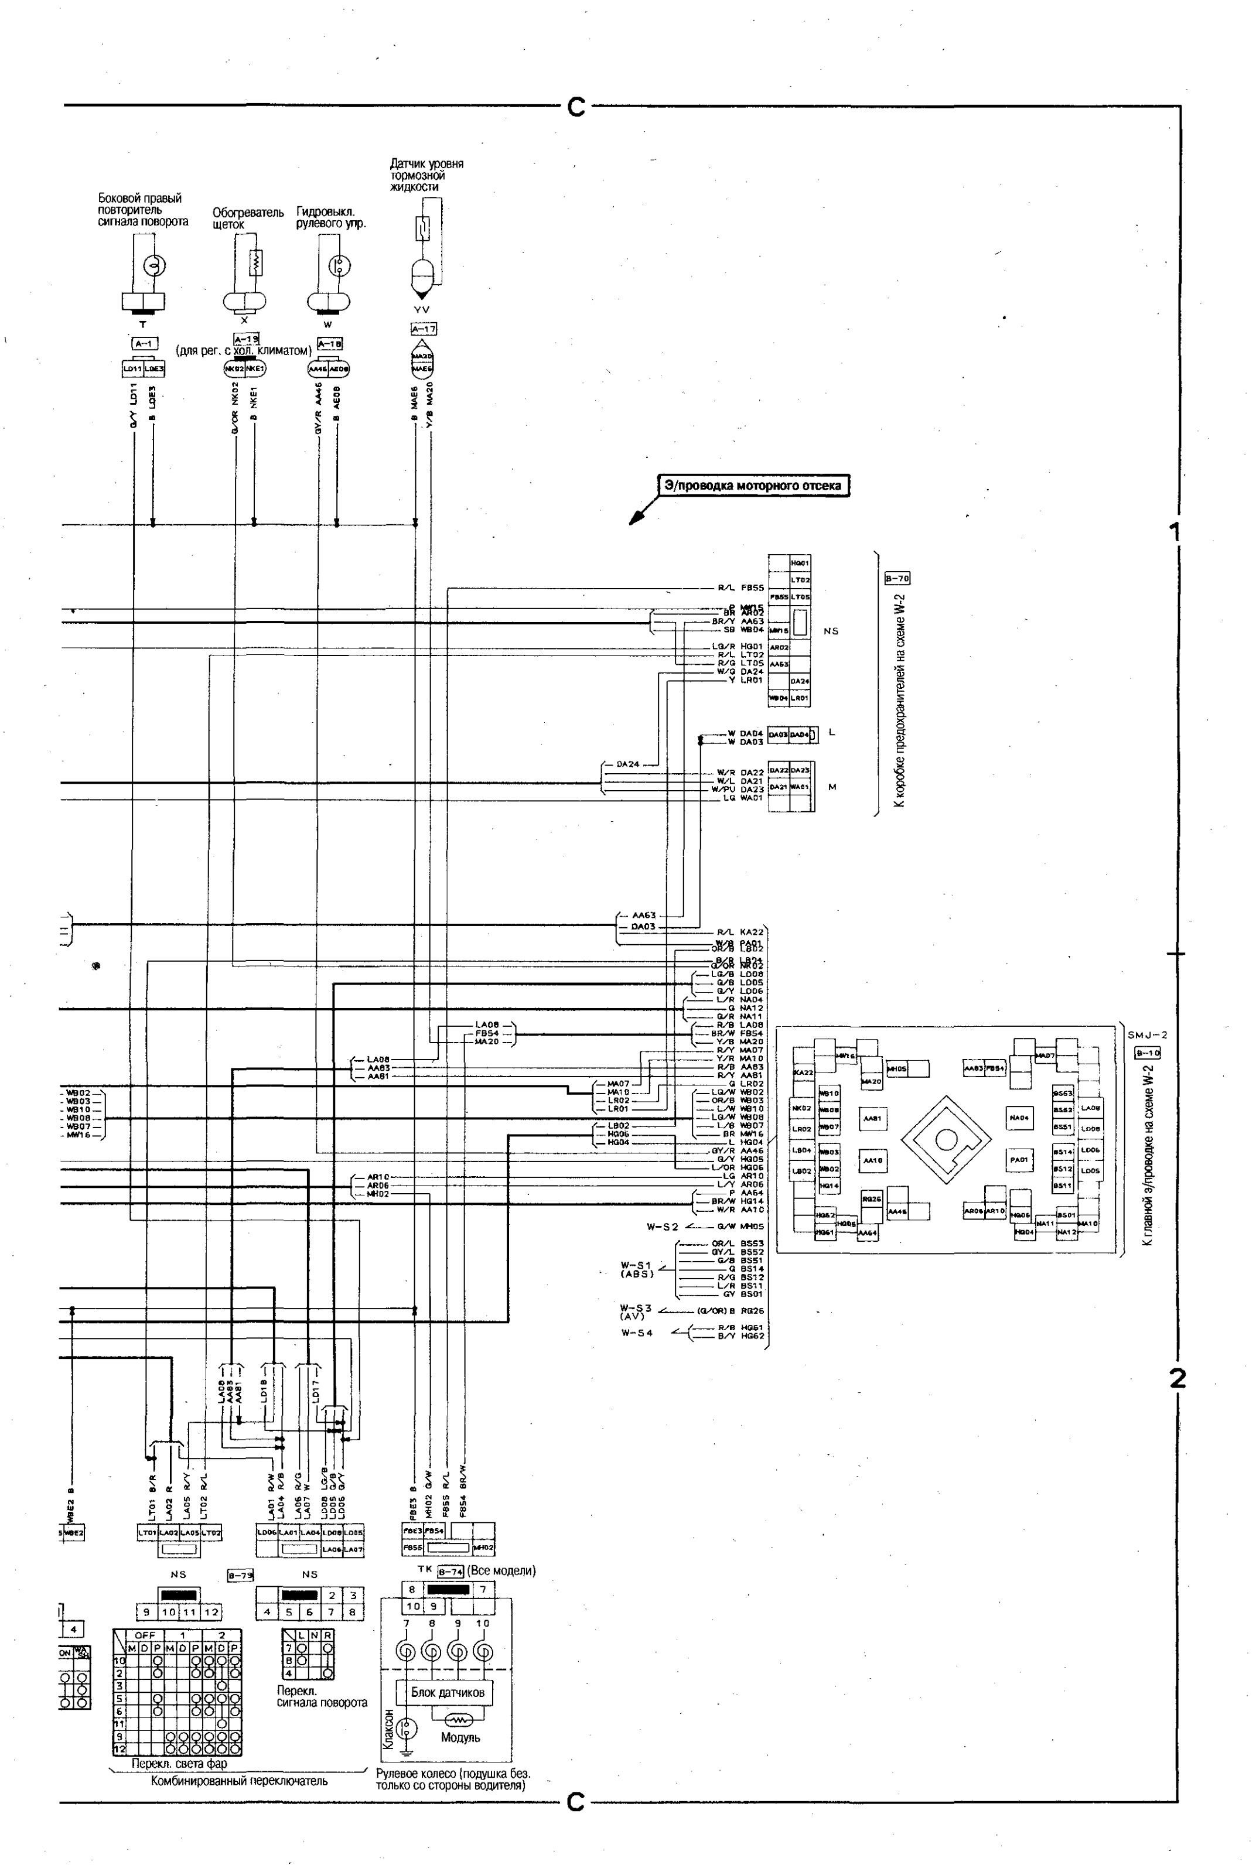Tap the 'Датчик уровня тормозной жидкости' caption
(x=426, y=175)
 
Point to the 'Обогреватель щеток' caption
(x=248, y=218)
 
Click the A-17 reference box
(x=423, y=329)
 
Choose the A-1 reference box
(x=144, y=343)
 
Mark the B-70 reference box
(x=896, y=578)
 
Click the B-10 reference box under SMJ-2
(x=1147, y=1053)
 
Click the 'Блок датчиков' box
(x=447, y=1692)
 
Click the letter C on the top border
(x=576, y=107)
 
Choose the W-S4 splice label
(x=637, y=1333)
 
